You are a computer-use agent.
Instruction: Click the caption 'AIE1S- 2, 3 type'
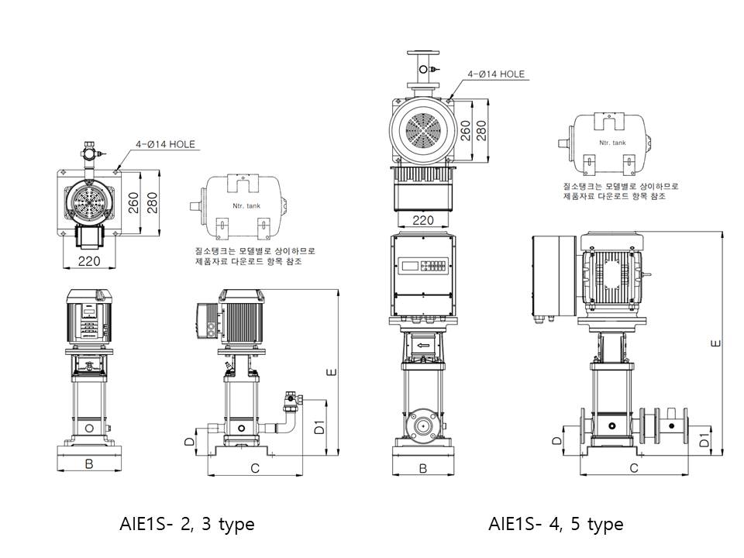[x=187, y=525]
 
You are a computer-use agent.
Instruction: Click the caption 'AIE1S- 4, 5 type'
[x=556, y=525]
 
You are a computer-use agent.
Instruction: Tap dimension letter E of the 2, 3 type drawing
[x=332, y=373]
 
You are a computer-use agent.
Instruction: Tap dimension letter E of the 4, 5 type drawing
[x=716, y=342]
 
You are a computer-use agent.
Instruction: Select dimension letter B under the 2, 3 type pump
[x=89, y=465]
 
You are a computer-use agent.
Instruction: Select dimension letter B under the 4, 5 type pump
[x=423, y=468]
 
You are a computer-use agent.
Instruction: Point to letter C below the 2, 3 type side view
[x=254, y=468]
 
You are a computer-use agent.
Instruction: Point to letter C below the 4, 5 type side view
[x=633, y=468]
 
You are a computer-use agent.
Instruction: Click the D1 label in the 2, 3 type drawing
[x=319, y=426]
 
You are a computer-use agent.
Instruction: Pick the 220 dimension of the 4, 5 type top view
[x=422, y=220]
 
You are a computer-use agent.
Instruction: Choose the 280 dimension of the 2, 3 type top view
[x=151, y=202]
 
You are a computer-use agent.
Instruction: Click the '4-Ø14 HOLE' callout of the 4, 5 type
[x=495, y=74]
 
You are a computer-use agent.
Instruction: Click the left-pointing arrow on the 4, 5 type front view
[x=422, y=346]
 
